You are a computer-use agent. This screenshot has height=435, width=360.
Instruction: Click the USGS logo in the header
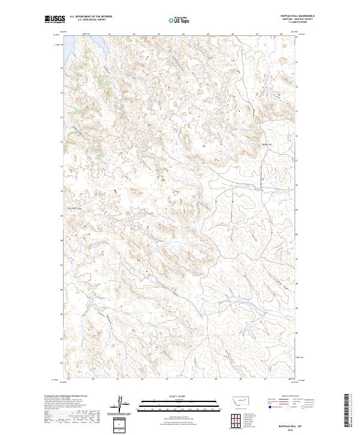[x=55, y=19]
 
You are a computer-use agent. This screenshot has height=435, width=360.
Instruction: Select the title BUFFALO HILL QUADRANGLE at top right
[x=298, y=16]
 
